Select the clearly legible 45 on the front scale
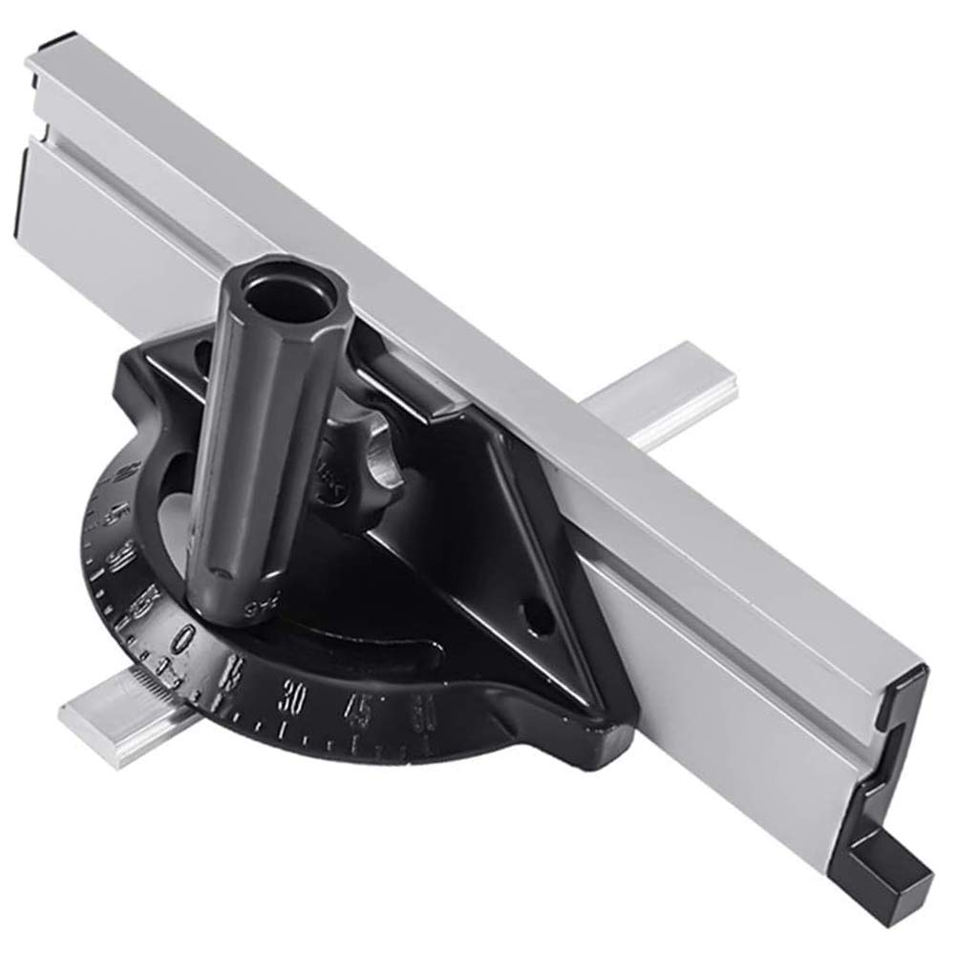[359, 708]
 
